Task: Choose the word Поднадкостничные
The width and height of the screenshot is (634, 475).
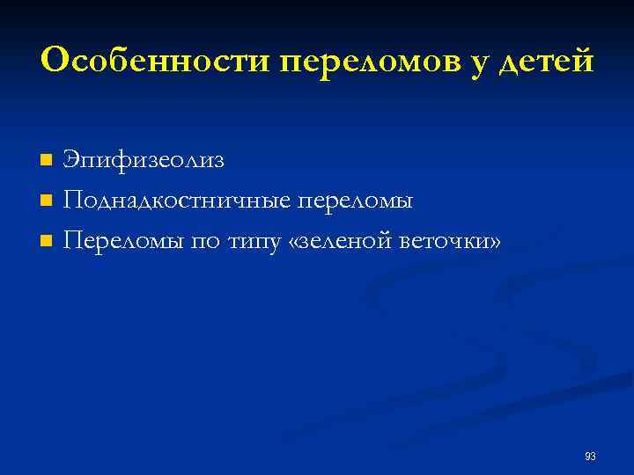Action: [176, 201]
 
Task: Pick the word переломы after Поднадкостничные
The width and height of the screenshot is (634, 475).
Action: [356, 201]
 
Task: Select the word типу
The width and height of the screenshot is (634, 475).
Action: [254, 242]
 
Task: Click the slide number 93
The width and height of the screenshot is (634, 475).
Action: [590, 456]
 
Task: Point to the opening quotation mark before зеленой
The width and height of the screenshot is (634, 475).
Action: [294, 242]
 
